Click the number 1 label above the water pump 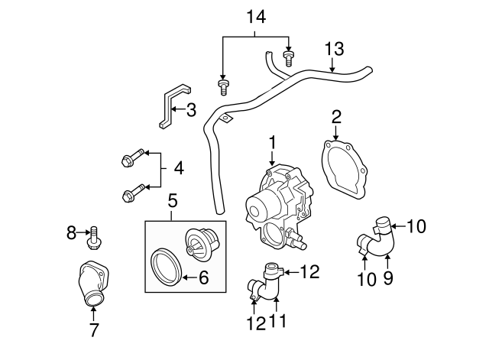(270, 143)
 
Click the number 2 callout (335, 116)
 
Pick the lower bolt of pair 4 (131, 194)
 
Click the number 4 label (178, 167)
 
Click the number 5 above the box (173, 202)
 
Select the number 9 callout (389, 279)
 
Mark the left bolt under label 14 (223, 85)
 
